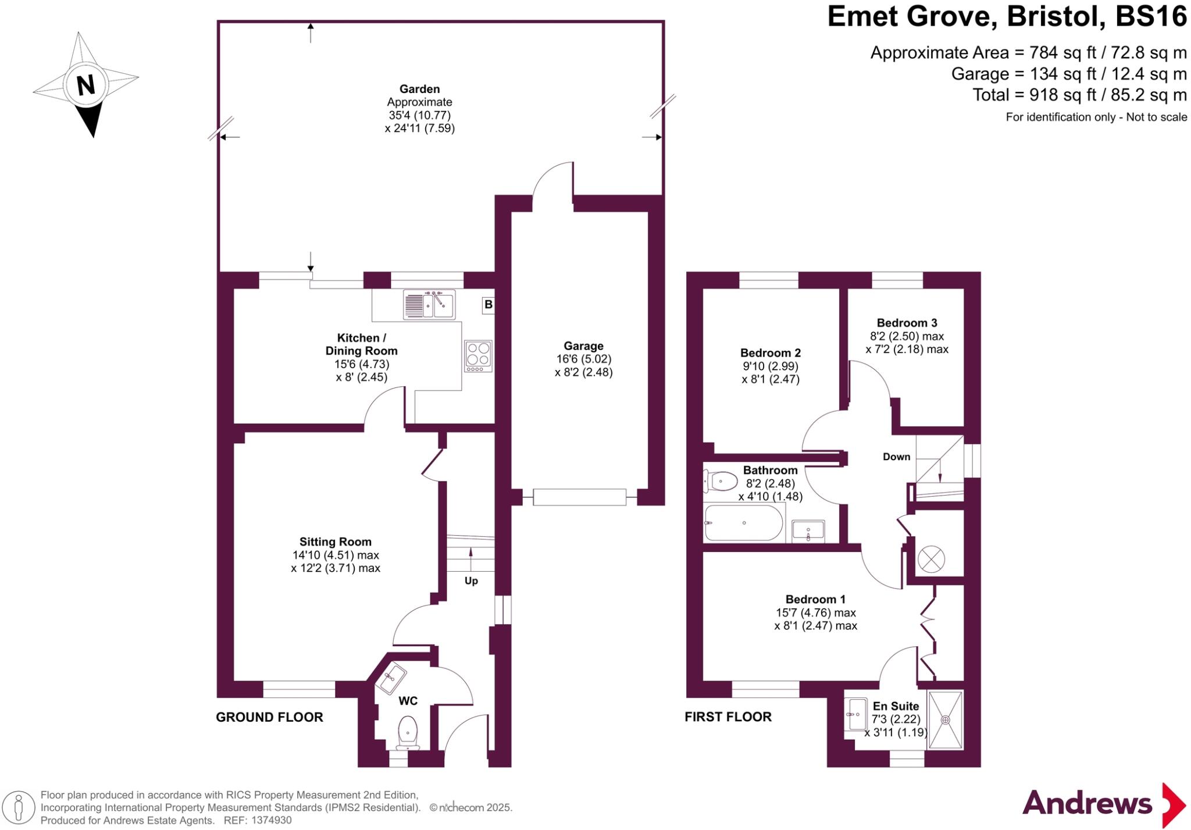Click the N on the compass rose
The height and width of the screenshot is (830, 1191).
[85, 85]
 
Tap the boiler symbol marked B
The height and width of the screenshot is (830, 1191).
[488, 305]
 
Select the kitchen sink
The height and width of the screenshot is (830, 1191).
[429, 305]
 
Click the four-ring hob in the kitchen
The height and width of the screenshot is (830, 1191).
[478, 355]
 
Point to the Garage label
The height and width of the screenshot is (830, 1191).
[583, 346]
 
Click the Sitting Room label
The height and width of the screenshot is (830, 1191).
[335, 542]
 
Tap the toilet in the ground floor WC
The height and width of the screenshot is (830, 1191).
[407, 733]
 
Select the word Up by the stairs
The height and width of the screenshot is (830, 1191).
[471, 581]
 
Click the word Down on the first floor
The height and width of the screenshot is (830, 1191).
[896, 457]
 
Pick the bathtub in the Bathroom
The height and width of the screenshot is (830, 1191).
[743, 523]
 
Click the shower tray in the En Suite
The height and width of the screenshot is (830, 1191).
[946, 719]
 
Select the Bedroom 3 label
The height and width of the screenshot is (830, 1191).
[907, 323]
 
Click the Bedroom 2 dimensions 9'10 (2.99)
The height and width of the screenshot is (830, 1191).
[770, 366]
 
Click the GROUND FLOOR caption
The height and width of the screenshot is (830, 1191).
[269, 717]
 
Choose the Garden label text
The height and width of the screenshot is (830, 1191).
[419, 89]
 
